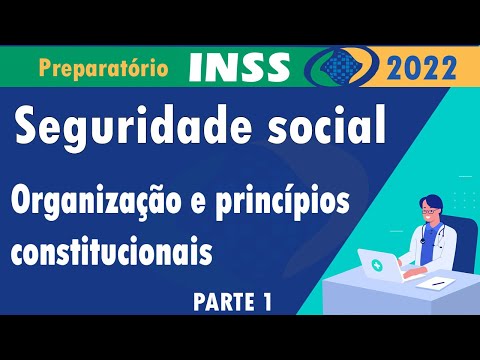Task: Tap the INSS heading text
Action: [x=239, y=66]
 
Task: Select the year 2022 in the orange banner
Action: [x=419, y=69]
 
